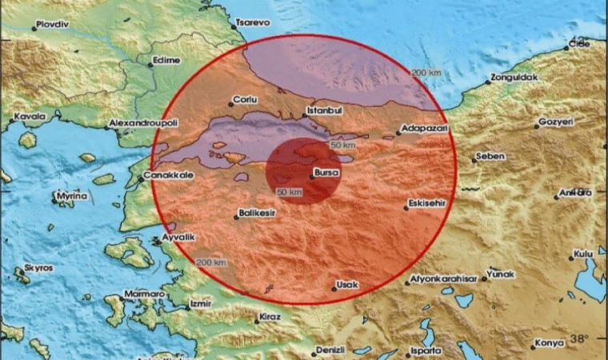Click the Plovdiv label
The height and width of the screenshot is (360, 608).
click(54, 25)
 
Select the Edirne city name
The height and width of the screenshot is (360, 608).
click(168, 60)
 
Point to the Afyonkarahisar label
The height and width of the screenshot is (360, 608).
click(443, 278)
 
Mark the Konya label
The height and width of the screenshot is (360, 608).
click(549, 343)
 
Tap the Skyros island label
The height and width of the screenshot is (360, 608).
click(38, 267)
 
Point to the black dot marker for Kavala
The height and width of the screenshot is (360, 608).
click(11, 122)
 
